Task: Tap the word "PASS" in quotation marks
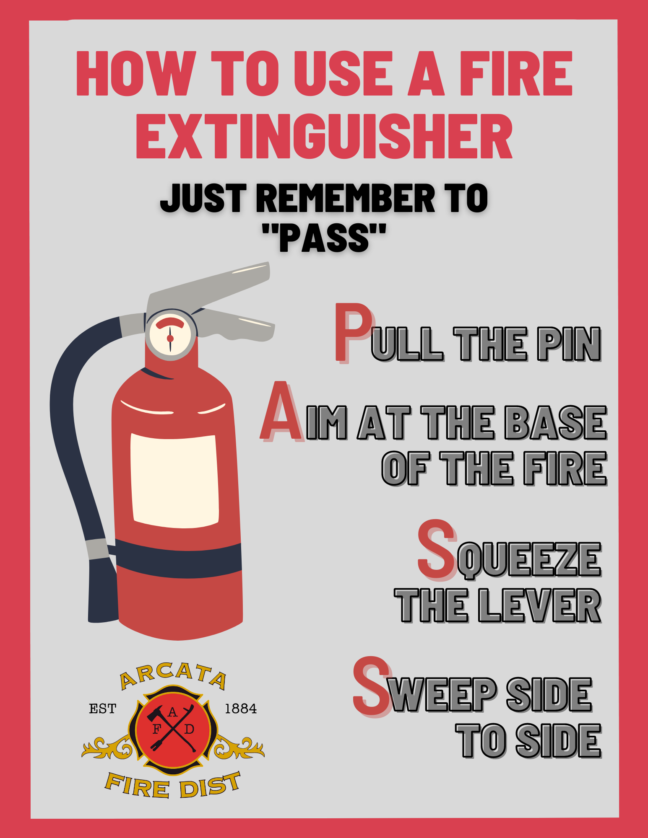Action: coord(324,238)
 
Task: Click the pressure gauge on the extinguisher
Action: coord(171,335)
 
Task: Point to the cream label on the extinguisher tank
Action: coord(174,481)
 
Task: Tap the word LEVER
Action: coord(540,605)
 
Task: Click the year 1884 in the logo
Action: coord(241,709)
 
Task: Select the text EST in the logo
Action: coord(103,709)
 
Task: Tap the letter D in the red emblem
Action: coord(189,729)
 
